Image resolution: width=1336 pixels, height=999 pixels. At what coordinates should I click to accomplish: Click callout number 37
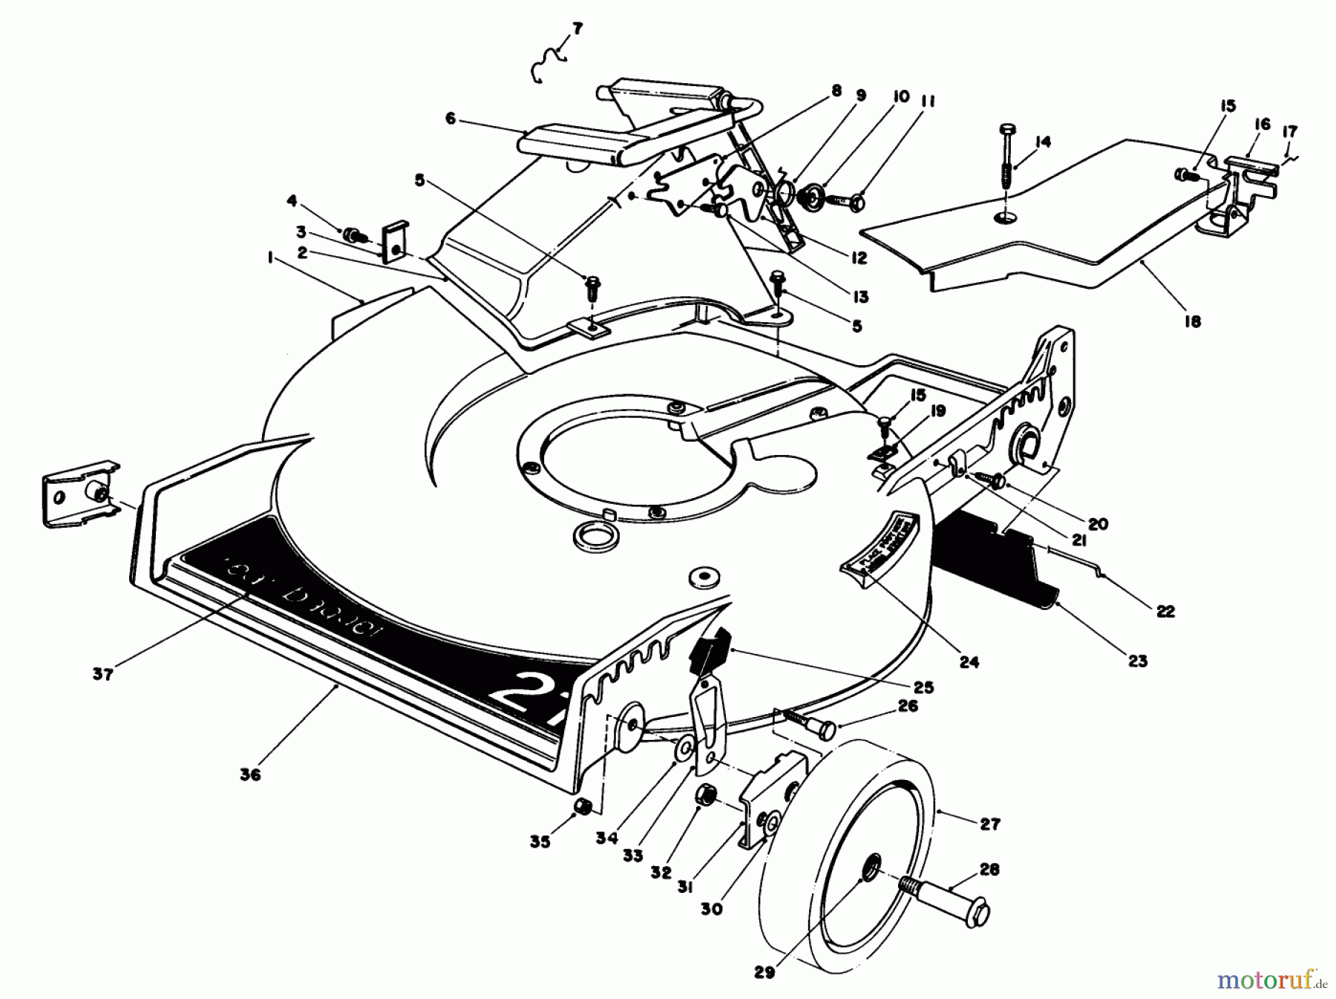(x=103, y=674)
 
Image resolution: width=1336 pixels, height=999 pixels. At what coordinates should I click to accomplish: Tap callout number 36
(x=251, y=774)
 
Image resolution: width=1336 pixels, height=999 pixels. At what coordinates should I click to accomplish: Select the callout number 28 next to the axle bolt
(x=989, y=869)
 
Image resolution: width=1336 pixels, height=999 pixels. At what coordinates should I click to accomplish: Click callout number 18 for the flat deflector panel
(x=1193, y=321)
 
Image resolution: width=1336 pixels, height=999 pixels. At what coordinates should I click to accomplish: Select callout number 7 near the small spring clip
(x=577, y=30)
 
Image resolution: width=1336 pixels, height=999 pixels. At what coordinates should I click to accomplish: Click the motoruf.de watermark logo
(x=1274, y=981)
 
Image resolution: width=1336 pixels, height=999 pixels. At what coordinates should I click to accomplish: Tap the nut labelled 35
(x=583, y=807)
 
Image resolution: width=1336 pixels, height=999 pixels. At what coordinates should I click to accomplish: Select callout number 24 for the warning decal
(x=969, y=661)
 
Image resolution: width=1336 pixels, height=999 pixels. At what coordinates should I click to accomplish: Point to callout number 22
(x=1165, y=611)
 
